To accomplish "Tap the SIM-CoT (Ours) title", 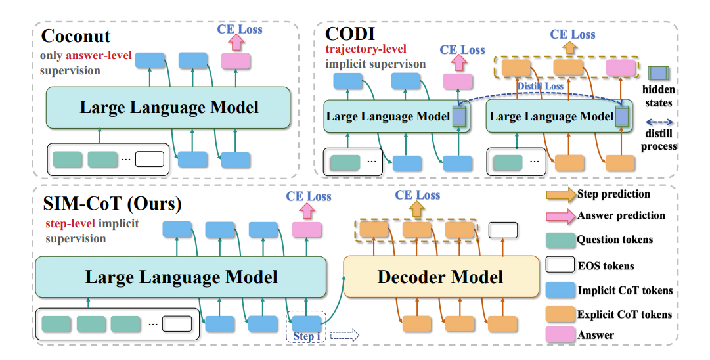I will point(110,204).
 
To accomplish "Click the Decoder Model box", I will point(440,277).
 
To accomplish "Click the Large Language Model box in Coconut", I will point(169,108).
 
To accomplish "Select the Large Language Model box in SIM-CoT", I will point(181,277).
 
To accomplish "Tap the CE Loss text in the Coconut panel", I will point(239,29).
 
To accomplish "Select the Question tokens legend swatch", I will point(559,240).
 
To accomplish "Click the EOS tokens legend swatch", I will point(559,265).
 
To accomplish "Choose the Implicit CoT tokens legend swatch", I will point(559,290).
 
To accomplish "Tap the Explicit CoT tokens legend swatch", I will point(559,314).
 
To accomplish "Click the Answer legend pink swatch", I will point(559,336).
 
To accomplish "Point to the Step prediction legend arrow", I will point(560,194).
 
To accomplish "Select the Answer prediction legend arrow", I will point(560,215).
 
